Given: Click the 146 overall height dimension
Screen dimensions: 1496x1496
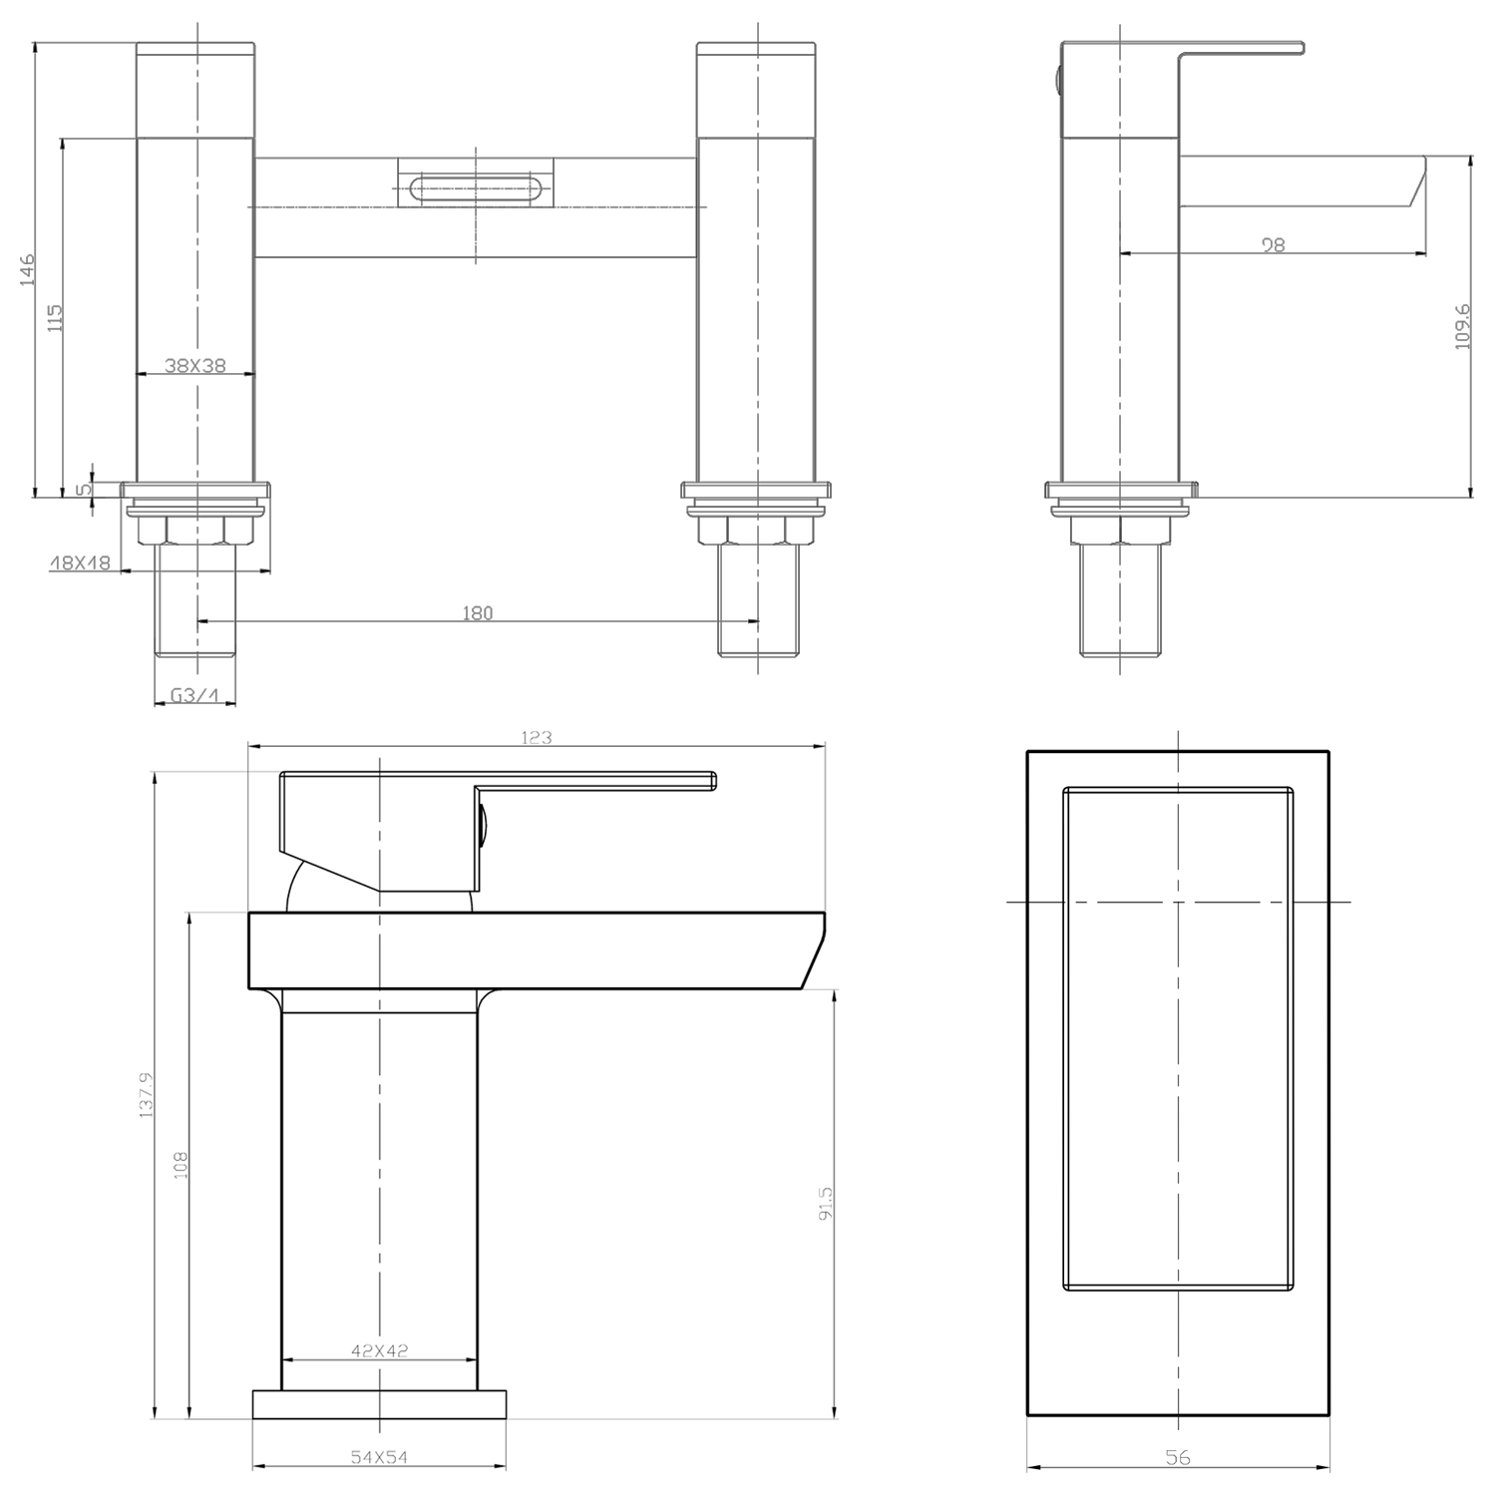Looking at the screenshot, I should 28,269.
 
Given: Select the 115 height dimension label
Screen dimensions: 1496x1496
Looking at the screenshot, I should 56,317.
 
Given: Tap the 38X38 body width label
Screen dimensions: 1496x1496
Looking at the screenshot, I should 195,366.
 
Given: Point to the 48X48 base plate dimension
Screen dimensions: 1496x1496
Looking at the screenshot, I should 80,563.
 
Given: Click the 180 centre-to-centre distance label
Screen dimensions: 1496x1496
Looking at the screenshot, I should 478,613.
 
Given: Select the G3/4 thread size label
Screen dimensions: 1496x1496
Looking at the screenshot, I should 194,696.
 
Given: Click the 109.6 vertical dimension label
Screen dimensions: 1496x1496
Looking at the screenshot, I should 1463,325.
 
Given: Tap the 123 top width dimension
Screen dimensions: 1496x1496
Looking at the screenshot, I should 537,738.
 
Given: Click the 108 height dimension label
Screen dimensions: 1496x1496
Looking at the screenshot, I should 181,1165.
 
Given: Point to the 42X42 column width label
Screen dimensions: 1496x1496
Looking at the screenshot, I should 379,1351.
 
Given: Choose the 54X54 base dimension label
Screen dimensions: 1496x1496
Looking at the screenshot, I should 379,1457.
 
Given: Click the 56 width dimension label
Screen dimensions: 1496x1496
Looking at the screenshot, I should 1178,1458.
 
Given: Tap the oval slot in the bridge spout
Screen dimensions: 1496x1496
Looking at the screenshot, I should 475,187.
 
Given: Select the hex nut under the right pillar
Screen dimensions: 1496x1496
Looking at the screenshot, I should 756,530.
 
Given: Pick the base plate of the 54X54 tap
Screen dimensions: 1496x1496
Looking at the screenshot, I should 379,1404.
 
